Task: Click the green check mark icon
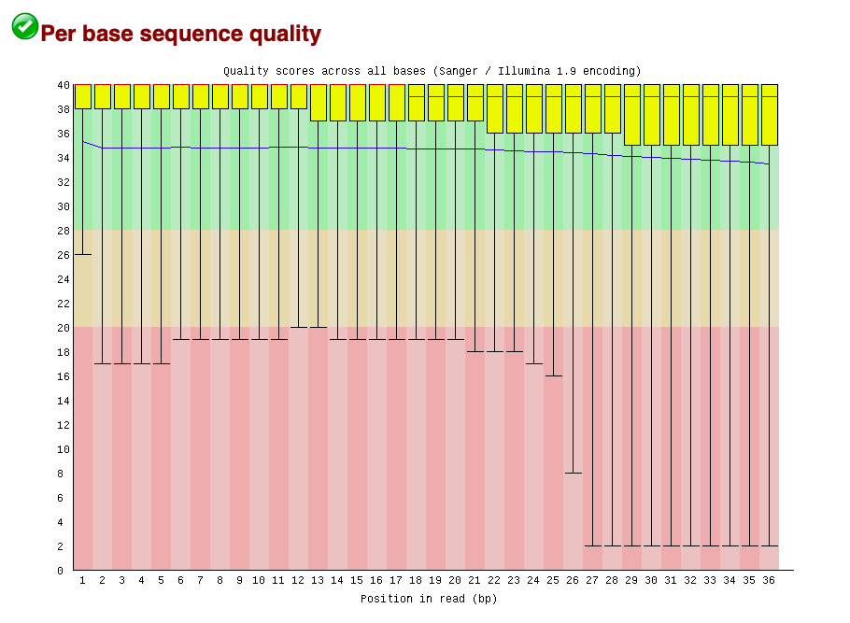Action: point(25,26)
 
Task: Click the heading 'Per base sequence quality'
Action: point(180,35)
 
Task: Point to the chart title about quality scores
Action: point(432,71)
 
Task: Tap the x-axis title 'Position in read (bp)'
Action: point(429,599)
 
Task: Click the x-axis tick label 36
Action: point(769,581)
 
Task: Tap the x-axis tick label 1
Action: point(83,581)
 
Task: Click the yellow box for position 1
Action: point(83,96)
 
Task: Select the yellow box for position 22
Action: point(495,108)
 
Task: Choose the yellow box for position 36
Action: point(769,114)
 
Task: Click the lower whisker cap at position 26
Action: point(574,474)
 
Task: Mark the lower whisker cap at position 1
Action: point(83,254)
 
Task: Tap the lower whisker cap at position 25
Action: point(554,376)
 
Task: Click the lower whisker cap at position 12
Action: point(299,328)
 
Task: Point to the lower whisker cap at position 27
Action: point(593,545)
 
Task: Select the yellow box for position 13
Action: point(319,102)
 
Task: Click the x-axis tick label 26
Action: point(574,581)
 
